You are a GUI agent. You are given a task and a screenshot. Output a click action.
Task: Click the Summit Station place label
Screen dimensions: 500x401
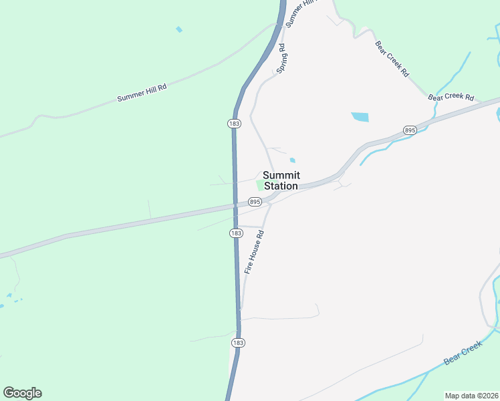281,180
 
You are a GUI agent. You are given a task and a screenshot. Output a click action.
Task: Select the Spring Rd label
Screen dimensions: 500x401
281,59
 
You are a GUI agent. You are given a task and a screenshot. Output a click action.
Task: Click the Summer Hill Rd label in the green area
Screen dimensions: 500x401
142,93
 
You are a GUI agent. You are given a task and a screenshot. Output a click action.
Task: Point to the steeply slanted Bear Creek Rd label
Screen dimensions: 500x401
392,59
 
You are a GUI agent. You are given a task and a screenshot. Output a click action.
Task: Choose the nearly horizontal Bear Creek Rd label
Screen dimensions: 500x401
451,98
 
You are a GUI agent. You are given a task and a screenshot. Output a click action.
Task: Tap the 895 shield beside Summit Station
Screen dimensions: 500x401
255,201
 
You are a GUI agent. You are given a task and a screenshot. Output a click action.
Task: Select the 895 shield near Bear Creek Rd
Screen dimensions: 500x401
410,130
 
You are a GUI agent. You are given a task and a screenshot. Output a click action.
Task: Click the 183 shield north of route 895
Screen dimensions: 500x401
234,124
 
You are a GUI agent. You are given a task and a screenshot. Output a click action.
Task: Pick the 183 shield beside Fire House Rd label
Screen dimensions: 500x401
236,233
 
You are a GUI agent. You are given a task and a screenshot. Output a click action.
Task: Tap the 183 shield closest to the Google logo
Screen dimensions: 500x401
239,342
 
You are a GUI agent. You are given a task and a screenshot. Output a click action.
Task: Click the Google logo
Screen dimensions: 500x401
22,392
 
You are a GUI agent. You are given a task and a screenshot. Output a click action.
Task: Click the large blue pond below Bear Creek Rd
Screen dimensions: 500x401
360,117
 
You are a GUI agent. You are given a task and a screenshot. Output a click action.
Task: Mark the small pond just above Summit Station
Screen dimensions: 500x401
292,160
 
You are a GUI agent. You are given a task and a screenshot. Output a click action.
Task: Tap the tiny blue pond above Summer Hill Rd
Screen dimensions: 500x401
178,29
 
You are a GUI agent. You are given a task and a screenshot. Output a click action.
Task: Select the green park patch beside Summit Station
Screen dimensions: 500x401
261,184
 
